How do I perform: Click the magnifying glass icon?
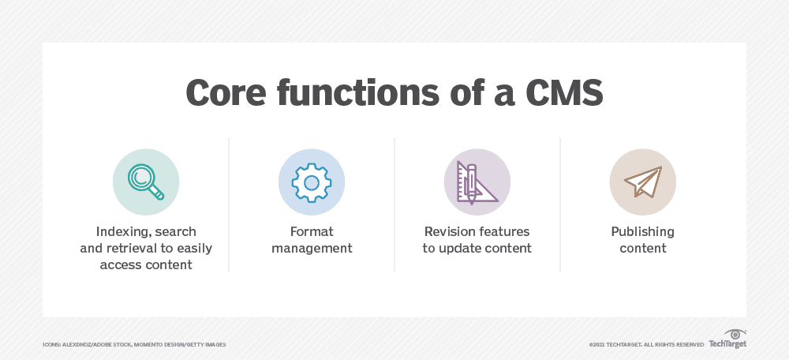[x=146, y=182]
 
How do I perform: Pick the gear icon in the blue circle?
[x=311, y=182]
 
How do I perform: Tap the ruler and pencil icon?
[x=477, y=182]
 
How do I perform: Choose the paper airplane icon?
[x=642, y=182]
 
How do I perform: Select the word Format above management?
[x=311, y=232]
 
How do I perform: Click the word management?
[x=311, y=249]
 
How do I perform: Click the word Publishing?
[x=642, y=232]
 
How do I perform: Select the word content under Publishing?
[x=642, y=249]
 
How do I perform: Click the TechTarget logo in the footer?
[x=727, y=343]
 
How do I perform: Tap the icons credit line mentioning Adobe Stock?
[x=134, y=345]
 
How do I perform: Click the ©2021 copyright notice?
[x=645, y=345]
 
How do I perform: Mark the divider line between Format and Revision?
[x=394, y=205]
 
